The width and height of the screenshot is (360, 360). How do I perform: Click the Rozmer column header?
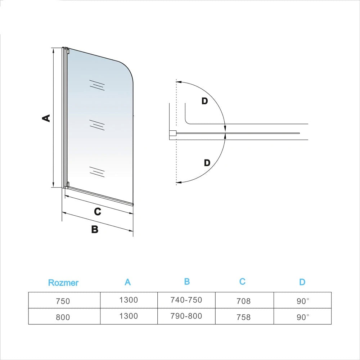pyautogui.click(x=63, y=283)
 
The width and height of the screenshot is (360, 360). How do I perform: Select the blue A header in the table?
pyautogui.click(x=128, y=282)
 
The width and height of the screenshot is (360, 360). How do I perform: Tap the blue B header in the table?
pyautogui.click(x=187, y=282)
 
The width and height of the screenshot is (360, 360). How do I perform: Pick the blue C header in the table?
pyautogui.click(x=242, y=282)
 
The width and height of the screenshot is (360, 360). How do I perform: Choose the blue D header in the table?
pyautogui.click(x=302, y=282)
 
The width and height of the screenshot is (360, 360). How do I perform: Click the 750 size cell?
pyautogui.click(x=63, y=301)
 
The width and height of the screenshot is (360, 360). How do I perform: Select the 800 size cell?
pyautogui.click(x=63, y=317)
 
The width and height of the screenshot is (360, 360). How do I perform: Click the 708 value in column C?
pyautogui.click(x=244, y=301)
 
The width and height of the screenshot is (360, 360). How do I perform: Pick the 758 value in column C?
pyautogui.click(x=244, y=317)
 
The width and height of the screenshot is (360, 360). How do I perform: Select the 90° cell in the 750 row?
pyautogui.click(x=303, y=301)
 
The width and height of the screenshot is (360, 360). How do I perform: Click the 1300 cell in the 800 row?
pyautogui.click(x=129, y=316)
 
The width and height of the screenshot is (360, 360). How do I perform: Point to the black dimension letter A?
pyautogui.click(x=46, y=118)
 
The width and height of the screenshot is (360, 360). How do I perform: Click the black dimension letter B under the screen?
pyautogui.click(x=95, y=229)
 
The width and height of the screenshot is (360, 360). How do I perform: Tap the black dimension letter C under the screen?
pyautogui.click(x=97, y=212)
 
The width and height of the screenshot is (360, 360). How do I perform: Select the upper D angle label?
pyautogui.click(x=204, y=101)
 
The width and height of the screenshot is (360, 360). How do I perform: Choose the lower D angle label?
pyautogui.click(x=207, y=163)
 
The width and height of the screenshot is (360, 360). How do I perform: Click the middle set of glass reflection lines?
pyautogui.click(x=97, y=125)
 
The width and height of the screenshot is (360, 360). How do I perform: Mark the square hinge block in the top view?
pyautogui.click(x=172, y=134)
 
